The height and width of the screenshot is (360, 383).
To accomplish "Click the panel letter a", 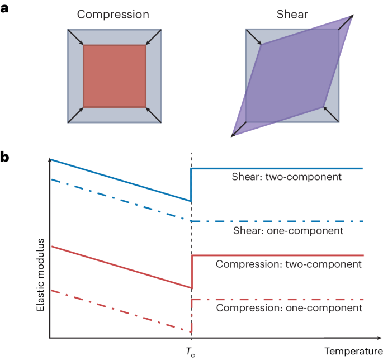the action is [5, 10].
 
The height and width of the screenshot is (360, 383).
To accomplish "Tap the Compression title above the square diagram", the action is [114, 14].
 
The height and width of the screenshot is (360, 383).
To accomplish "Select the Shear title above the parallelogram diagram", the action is [291, 14].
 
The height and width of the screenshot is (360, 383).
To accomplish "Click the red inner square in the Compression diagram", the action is [115, 76].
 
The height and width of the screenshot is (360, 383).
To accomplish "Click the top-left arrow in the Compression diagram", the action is [75, 37].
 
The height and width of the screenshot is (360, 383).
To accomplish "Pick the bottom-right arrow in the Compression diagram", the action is [154, 115].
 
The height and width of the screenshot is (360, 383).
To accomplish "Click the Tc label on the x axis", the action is [191, 351].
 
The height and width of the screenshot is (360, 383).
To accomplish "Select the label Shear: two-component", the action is [287, 177].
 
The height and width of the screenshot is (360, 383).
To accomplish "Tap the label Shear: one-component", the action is [287, 230].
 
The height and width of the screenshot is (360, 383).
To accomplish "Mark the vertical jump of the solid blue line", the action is [191, 184].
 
